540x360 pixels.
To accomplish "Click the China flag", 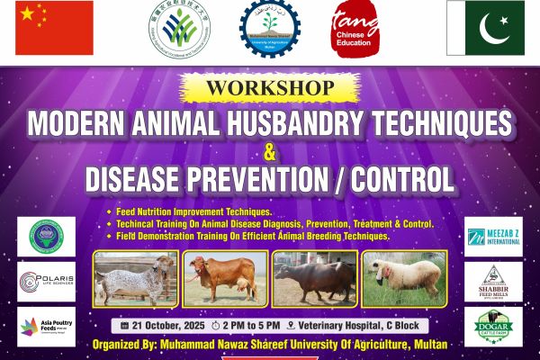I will pyautogui.click(x=54, y=28).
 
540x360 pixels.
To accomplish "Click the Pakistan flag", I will pyautogui.click(x=485, y=28).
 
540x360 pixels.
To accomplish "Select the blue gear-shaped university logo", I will pyautogui.click(x=270, y=29).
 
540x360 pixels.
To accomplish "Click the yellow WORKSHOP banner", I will pyautogui.click(x=269, y=89).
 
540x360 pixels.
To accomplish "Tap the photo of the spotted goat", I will pyautogui.click(x=135, y=280).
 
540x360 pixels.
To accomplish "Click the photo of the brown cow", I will pyautogui.click(x=224, y=280).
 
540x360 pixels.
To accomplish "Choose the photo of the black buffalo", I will pyautogui.click(x=314, y=280).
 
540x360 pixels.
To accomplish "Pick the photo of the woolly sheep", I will pyautogui.click(x=403, y=280).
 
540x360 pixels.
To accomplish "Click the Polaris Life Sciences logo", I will pyautogui.click(x=46, y=281).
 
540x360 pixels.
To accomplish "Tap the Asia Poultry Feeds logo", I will pyautogui.click(x=46, y=326).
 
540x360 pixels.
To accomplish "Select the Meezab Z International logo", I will pyautogui.click(x=493, y=237).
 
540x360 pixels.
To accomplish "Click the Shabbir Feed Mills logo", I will pyautogui.click(x=493, y=282).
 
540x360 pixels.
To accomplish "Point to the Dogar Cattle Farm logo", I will pyautogui.click(x=493, y=326).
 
